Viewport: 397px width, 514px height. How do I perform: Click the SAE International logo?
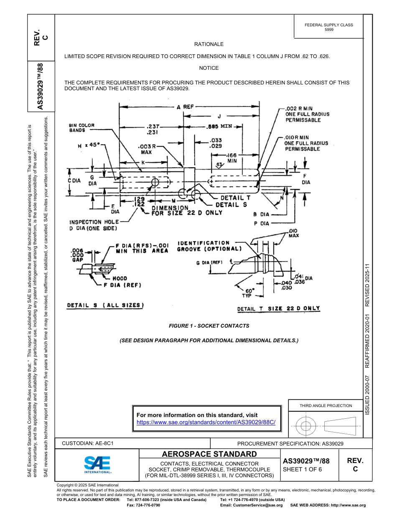(x=97, y=464)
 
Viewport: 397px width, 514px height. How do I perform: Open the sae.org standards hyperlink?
(x=206, y=422)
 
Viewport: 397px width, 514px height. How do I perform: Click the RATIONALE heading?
(x=209, y=44)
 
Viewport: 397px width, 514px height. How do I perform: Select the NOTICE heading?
(x=209, y=68)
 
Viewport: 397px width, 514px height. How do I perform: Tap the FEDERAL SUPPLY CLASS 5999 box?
(x=328, y=27)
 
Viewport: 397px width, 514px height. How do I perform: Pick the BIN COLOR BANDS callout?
(x=81, y=127)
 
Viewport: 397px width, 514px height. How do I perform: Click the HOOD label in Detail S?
(x=120, y=278)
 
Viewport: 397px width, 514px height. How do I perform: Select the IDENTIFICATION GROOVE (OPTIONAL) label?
(x=209, y=246)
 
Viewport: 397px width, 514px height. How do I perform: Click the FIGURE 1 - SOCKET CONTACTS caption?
(x=209, y=326)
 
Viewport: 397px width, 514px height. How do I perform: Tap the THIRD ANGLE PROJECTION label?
(x=326, y=405)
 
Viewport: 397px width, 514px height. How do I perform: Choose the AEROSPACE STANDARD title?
(x=209, y=454)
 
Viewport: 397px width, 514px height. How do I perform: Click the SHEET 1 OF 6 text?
(x=302, y=469)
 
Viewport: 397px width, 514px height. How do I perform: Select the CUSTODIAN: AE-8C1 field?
(x=88, y=443)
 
